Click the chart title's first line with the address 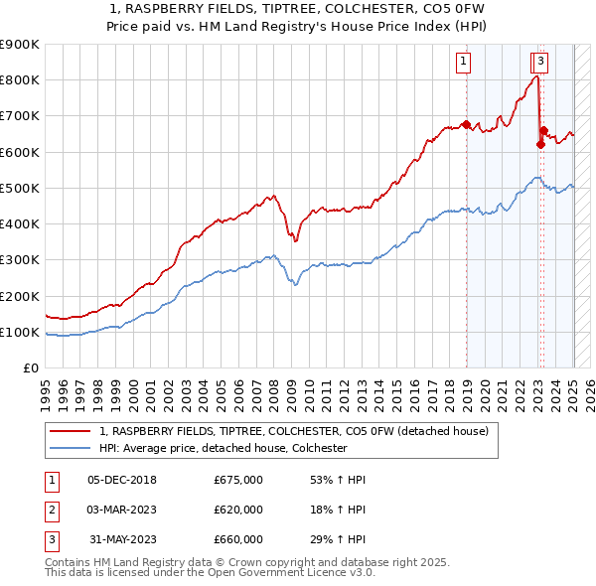pyautogui.click(x=297, y=10)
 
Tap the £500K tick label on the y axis pyautogui.click(x=20, y=188)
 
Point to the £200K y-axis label pyautogui.click(x=20, y=296)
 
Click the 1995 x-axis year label pyautogui.click(x=46, y=387)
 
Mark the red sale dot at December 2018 pyautogui.click(x=466, y=124)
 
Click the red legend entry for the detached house pyautogui.click(x=294, y=432)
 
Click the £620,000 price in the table pyautogui.click(x=238, y=510)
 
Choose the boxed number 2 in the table pyautogui.click(x=50, y=510)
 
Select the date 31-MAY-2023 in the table pyautogui.click(x=122, y=539)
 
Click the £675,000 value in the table pyautogui.click(x=238, y=480)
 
